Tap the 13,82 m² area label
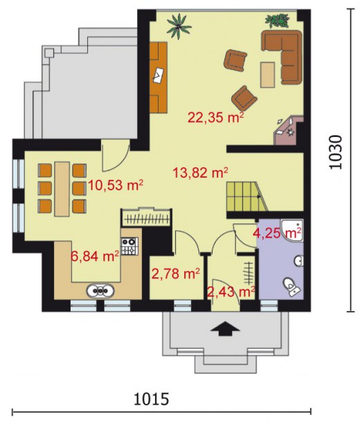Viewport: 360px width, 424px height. pyautogui.click(x=200, y=172)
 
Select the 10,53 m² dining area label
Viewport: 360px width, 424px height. pyautogui.click(x=116, y=185)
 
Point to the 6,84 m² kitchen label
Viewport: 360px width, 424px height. pyautogui.click(x=95, y=256)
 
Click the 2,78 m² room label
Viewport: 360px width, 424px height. pyautogui.click(x=176, y=273)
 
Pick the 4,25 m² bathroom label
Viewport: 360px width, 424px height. pyautogui.click(x=278, y=232)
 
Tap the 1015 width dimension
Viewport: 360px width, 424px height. pyautogui.click(x=152, y=399)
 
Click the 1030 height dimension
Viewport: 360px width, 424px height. pyautogui.click(x=336, y=152)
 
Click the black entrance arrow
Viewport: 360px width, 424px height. pyautogui.click(x=225, y=329)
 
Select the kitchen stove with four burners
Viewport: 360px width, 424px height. pyautogui.click(x=129, y=246)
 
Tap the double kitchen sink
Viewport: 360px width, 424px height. pyautogui.click(x=100, y=291)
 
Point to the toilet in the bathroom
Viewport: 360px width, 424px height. pyautogui.click(x=291, y=287)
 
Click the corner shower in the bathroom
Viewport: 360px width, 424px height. pyautogui.click(x=292, y=230)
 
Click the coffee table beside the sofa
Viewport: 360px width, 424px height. pyautogui.click(x=268, y=75)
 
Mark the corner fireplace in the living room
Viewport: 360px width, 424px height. pyautogui.click(x=288, y=131)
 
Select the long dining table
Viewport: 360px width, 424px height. pyautogui.click(x=62, y=189)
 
